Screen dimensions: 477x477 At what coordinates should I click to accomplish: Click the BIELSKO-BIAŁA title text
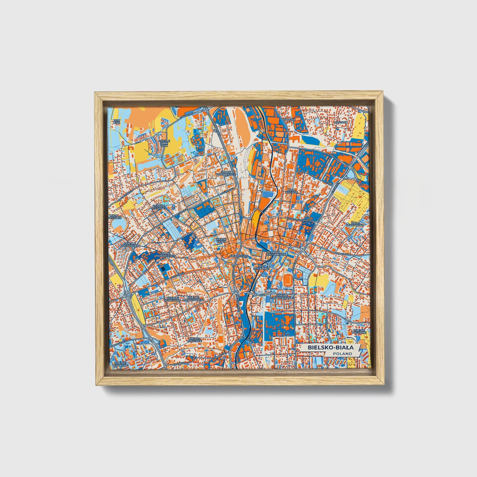(x=330, y=348)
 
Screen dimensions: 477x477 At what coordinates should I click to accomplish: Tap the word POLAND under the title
(x=342, y=354)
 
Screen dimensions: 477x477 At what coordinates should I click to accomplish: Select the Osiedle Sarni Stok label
(x=164, y=143)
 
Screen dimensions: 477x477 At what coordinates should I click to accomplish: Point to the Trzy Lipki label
(x=116, y=121)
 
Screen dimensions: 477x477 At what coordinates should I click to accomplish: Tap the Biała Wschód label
(x=292, y=191)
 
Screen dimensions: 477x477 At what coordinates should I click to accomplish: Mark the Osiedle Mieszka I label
(x=158, y=207)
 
